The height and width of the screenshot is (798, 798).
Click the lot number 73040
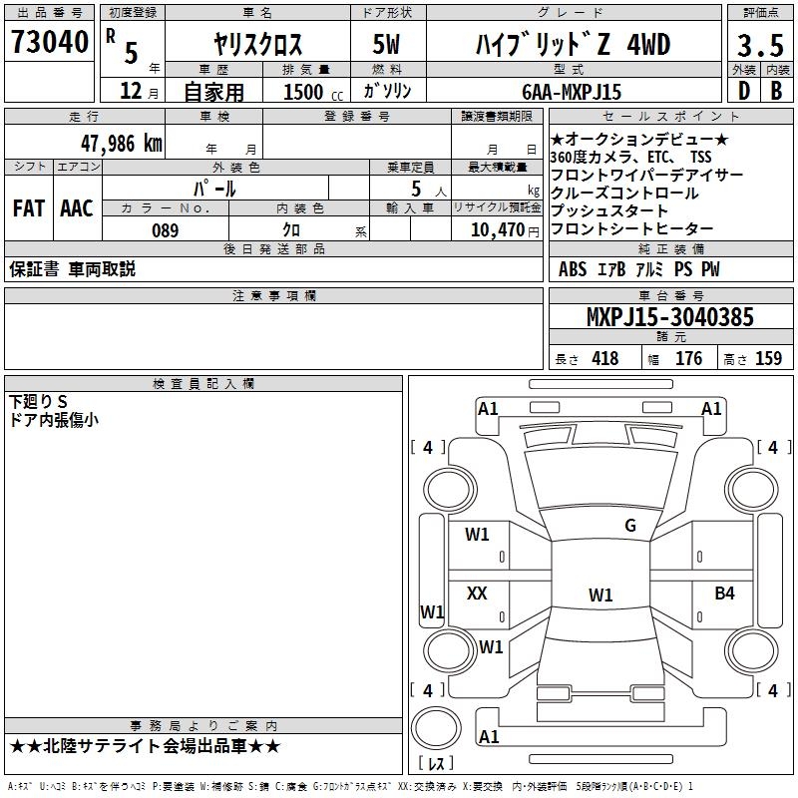coord(49,42)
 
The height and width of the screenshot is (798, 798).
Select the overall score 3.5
coord(760,45)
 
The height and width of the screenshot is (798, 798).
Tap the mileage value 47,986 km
coord(122,144)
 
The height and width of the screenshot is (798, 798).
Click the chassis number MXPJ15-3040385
coord(670,317)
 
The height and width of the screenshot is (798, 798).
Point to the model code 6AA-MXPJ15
coord(572,92)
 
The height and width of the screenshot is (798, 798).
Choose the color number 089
coord(165,230)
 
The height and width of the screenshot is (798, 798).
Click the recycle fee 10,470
coord(497,230)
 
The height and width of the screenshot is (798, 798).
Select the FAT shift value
coord(29,208)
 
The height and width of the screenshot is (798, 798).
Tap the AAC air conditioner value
coord(77,208)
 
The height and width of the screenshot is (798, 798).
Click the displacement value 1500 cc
coord(313,92)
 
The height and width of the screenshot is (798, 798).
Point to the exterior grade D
coord(744,91)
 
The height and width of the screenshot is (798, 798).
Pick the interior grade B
coord(777,91)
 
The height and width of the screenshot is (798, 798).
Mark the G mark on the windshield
coord(630,526)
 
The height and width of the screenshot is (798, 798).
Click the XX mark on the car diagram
coord(477,593)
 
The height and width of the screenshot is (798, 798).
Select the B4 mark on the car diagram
coord(724,593)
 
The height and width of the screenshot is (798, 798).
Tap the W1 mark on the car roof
coord(600,595)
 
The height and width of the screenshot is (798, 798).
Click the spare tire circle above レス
coord(436,728)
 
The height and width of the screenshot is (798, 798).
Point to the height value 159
coord(768,358)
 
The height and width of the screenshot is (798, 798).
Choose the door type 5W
coord(386,44)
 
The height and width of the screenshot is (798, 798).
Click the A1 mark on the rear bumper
coord(489,736)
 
